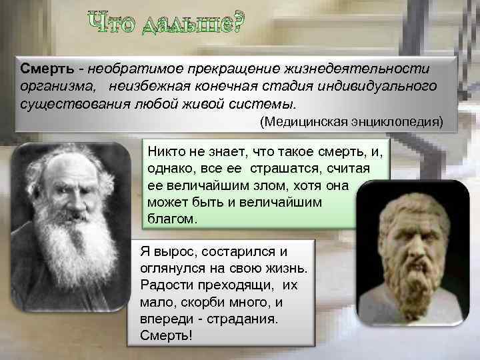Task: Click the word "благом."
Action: point(173,218)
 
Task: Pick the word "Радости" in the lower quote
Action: point(164,285)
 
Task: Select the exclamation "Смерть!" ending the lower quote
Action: point(166,335)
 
